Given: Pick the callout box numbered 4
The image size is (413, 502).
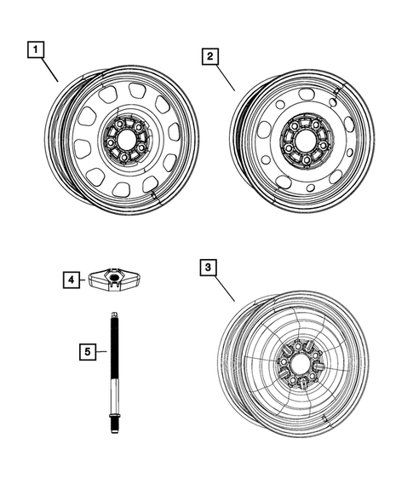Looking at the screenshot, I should (x=72, y=278).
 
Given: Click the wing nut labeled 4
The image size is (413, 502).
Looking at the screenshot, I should (x=114, y=280).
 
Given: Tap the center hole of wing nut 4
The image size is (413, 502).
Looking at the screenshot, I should (x=114, y=277).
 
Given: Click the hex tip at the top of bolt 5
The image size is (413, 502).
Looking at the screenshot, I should (x=112, y=316).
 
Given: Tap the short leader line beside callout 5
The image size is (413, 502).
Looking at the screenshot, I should (x=100, y=350).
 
